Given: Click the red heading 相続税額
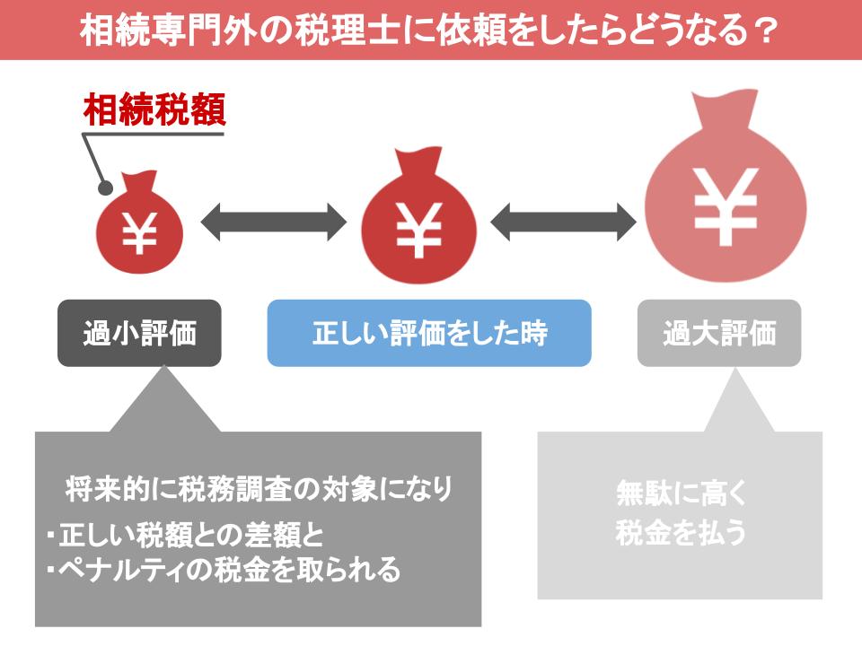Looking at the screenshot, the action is pyautogui.click(x=154, y=109).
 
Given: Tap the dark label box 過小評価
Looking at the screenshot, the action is pyautogui.click(x=139, y=333).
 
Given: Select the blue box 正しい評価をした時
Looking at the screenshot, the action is pyautogui.click(x=429, y=333).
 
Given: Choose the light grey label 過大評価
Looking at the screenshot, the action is pyautogui.click(x=719, y=333).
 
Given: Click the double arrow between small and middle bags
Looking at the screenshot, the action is pyautogui.click(x=273, y=222).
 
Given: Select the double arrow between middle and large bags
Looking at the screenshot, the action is pyautogui.click(x=563, y=222).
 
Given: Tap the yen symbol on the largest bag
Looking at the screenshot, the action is pyautogui.click(x=726, y=206).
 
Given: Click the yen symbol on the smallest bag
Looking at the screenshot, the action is pyautogui.click(x=139, y=233).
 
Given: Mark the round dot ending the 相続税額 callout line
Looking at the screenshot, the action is pyautogui.click(x=105, y=188).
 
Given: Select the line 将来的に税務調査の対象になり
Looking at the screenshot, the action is pyautogui.click(x=259, y=488).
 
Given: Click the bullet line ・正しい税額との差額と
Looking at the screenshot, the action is pyautogui.click(x=185, y=535).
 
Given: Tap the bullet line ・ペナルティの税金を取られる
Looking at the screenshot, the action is pyautogui.click(x=224, y=569).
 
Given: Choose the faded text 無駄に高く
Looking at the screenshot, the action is pyautogui.click(x=682, y=493).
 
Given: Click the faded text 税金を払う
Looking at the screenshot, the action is pyautogui.click(x=681, y=532).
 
